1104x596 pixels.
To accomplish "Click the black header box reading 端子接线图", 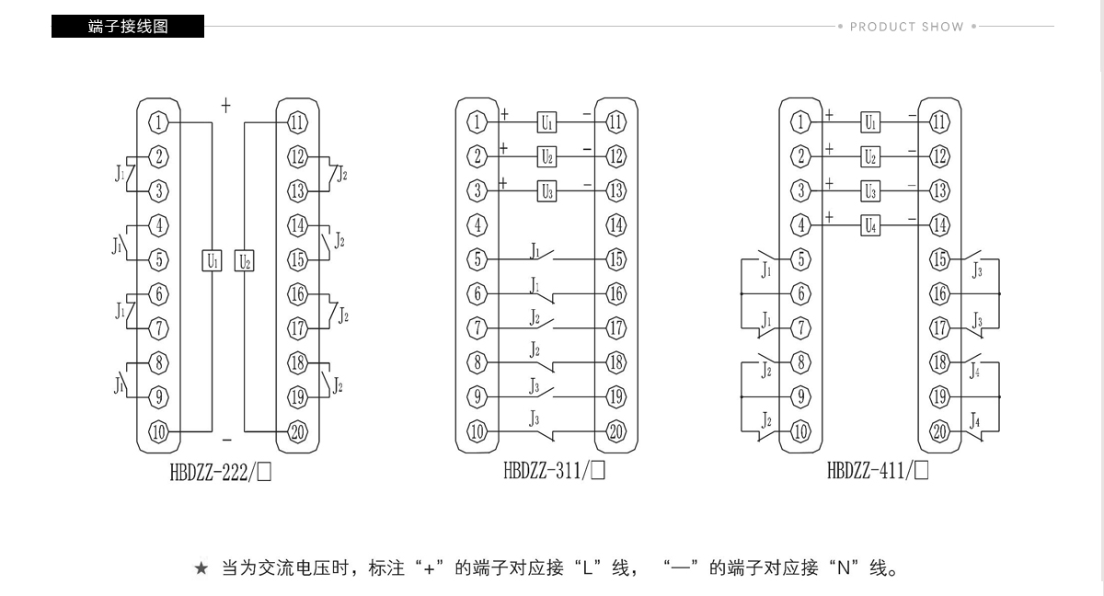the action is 128,26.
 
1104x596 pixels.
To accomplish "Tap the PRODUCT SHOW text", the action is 907,27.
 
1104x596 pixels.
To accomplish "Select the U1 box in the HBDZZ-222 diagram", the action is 212,260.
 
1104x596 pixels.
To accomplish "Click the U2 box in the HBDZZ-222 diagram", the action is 245,260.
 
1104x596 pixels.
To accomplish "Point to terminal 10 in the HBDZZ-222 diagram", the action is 158,432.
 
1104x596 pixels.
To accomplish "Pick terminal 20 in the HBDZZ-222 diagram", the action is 297,432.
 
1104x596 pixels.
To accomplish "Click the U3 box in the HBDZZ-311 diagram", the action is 546,191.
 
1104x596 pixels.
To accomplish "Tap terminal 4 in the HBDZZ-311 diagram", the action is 477,225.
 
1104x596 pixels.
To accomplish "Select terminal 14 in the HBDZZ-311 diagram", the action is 616,225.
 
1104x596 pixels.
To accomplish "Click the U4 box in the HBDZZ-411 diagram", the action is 870,225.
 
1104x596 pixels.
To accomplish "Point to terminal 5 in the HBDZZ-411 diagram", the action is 801,259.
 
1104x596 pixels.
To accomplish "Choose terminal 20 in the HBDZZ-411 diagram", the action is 940,432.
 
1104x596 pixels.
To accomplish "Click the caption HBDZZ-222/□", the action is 220,473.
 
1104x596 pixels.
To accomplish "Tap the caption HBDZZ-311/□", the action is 554,470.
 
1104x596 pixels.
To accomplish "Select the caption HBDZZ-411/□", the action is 878,470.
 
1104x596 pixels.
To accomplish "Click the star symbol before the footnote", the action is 201,568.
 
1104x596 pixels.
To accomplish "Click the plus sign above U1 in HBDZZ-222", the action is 225,106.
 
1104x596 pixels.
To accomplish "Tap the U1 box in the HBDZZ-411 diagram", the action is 870,122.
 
